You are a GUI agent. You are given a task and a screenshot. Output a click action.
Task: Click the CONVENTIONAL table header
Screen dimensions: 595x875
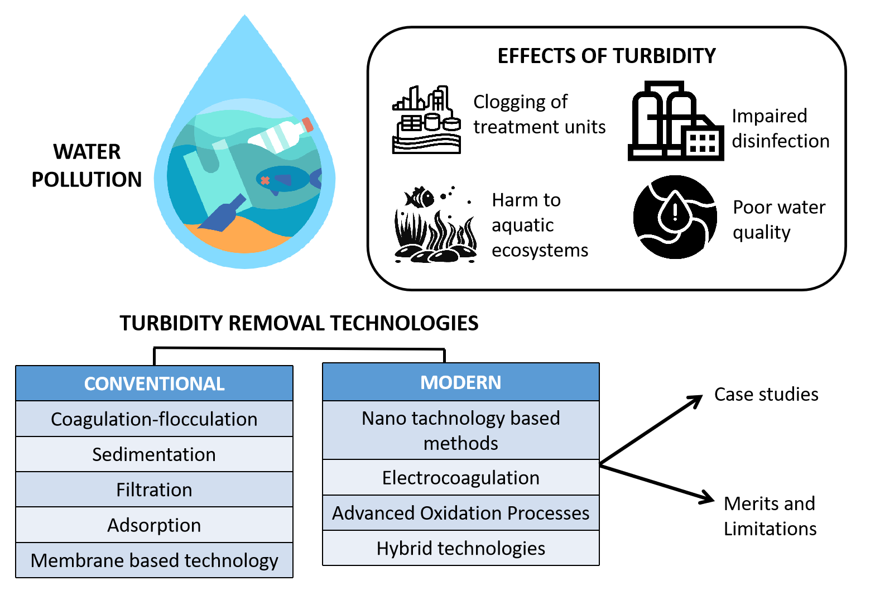[154, 383]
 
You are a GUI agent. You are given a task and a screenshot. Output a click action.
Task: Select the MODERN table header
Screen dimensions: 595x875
[460, 382]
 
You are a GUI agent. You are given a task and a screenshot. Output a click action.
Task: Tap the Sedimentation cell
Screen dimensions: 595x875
[154, 454]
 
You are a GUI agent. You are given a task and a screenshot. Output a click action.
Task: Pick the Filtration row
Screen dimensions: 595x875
[154, 490]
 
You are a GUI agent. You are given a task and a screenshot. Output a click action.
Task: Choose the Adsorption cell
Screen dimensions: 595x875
[154, 525]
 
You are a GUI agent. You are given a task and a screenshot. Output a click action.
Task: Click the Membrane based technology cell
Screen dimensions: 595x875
[154, 560]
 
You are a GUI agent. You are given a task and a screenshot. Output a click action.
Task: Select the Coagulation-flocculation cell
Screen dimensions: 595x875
[154, 419]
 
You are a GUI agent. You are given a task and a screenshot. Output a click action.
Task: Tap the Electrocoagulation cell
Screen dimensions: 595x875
[460, 478]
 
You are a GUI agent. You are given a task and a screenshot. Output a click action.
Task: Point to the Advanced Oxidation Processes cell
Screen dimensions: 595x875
[460, 513]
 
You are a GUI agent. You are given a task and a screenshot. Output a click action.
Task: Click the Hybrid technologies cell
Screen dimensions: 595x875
[460, 548]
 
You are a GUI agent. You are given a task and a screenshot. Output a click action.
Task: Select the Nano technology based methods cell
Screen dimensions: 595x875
[460, 430]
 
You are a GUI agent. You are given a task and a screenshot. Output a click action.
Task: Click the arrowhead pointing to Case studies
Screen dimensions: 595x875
[696, 400]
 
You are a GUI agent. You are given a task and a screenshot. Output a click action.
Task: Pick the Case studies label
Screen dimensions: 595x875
[766, 395]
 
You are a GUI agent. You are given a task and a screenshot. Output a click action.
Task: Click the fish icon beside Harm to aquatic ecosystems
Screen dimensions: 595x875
[420, 197]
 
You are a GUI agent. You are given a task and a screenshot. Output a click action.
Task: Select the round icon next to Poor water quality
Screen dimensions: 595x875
[675, 217]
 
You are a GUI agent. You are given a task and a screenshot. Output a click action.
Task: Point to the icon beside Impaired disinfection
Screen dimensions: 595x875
[675, 121]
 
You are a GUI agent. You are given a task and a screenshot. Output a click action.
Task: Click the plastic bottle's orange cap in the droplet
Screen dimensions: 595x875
[307, 125]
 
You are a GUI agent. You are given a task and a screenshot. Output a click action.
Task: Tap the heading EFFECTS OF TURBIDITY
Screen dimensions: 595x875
[606, 56]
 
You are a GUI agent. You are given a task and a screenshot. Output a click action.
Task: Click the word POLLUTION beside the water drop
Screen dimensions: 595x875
[86, 180]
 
